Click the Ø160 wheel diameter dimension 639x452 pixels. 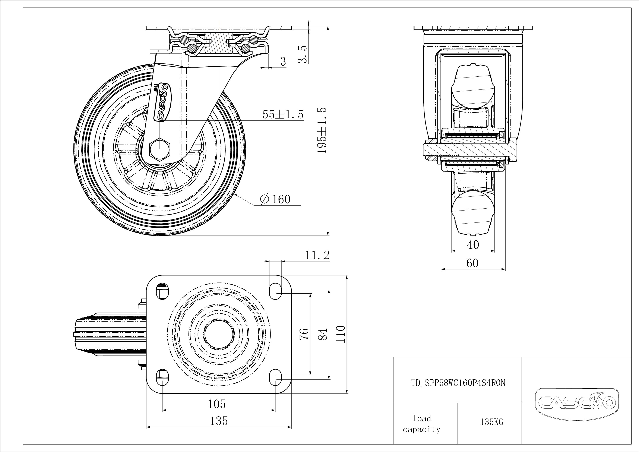[x=275, y=199]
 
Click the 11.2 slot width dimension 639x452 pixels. [x=317, y=255]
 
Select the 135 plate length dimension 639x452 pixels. [x=219, y=421]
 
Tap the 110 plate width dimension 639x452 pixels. [x=341, y=334]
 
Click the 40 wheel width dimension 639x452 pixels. [x=473, y=245]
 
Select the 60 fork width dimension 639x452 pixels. [x=472, y=263]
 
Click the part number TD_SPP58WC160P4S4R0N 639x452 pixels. [x=458, y=383]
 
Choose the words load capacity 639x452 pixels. [x=422, y=424]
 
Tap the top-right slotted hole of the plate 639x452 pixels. [x=275, y=291]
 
